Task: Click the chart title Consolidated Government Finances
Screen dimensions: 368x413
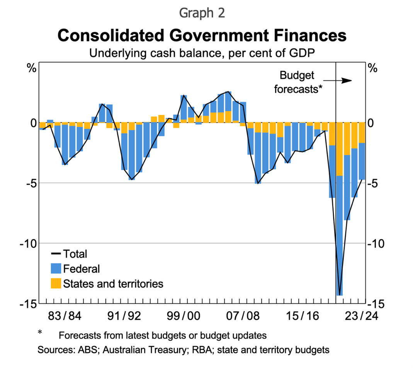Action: click(x=202, y=35)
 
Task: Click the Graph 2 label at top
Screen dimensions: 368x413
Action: click(x=202, y=13)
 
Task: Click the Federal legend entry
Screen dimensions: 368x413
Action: click(x=75, y=269)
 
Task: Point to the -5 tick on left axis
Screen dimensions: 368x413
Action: click(x=28, y=183)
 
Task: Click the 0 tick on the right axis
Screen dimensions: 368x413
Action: click(x=372, y=123)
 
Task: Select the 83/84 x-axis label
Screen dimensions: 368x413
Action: click(x=65, y=316)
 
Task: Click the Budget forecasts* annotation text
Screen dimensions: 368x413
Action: click(x=297, y=82)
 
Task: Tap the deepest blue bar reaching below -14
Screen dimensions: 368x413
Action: click(x=340, y=232)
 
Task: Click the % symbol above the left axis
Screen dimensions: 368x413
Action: click(x=31, y=69)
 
